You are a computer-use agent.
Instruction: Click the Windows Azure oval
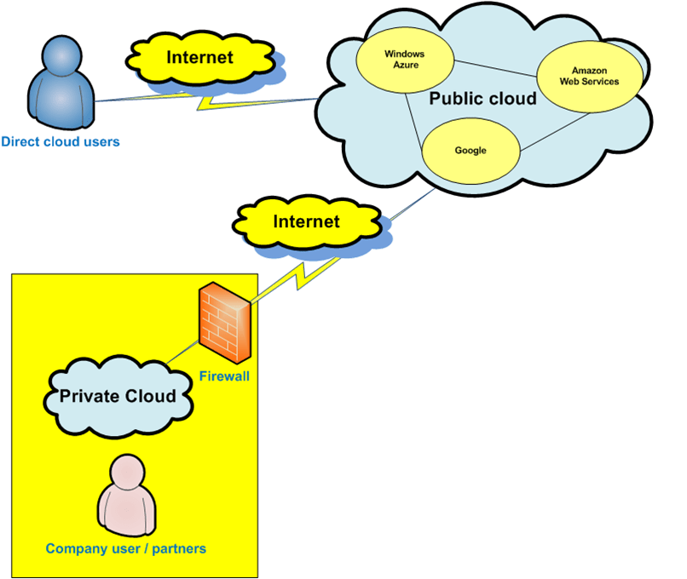(x=403, y=60)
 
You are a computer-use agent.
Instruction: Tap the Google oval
(x=471, y=151)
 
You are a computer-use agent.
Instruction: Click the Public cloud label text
(x=482, y=99)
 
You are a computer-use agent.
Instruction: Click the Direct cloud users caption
(x=61, y=141)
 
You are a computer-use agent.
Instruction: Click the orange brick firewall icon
(x=224, y=324)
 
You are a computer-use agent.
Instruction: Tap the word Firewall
(x=224, y=376)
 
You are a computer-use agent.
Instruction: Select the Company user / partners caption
(x=126, y=549)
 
